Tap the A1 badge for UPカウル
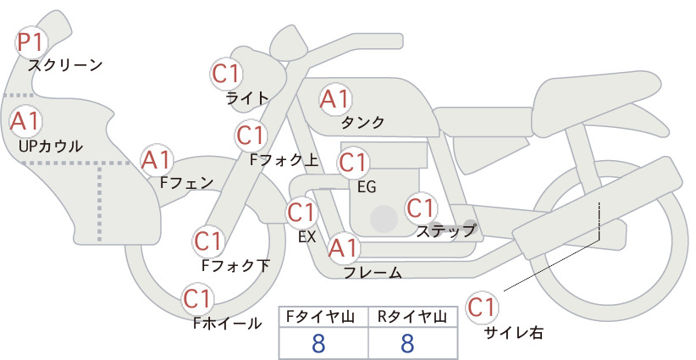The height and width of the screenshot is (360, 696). [25, 121]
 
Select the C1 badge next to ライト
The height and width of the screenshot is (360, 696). [227, 74]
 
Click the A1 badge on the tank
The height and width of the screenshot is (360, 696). [335, 99]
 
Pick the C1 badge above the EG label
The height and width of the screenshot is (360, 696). [353, 163]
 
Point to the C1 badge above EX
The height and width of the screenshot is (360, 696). [301, 212]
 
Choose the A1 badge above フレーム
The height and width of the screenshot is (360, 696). [343, 248]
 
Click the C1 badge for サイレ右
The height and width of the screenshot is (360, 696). [482, 307]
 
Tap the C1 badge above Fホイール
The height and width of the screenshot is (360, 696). [198, 299]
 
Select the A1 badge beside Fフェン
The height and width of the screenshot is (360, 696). [157, 161]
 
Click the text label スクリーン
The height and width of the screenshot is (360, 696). [65, 66]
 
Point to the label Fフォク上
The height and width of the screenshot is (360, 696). [284, 160]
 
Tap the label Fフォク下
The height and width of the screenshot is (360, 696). [235, 265]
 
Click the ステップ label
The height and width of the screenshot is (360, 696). [445, 231]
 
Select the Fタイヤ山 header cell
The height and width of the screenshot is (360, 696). [323, 317]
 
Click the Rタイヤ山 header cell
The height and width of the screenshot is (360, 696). [413, 317]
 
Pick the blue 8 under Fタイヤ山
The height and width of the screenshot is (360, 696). [318, 343]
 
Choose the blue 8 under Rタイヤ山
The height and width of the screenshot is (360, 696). [407, 343]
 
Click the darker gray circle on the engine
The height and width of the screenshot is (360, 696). [384, 219]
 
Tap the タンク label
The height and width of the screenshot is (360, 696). [362, 122]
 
